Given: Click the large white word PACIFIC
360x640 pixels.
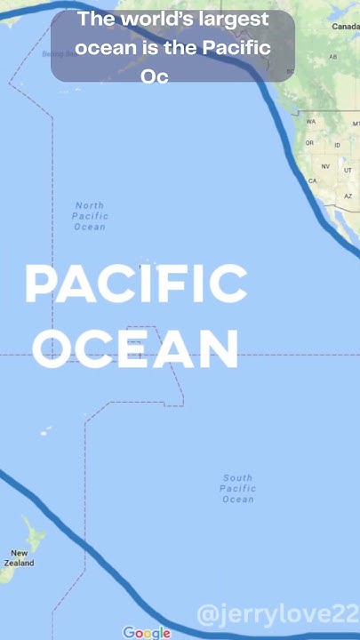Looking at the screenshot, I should point(136,284).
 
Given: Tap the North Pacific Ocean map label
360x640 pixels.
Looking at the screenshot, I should point(90,216).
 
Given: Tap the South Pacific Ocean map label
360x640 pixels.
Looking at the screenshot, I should point(238,488).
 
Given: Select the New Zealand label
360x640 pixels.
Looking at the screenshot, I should point(19,557).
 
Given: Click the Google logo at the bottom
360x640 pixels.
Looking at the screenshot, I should point(147,632).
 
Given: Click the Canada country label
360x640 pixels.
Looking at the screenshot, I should point(346,27).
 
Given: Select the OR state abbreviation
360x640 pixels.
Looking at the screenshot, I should point(310,143).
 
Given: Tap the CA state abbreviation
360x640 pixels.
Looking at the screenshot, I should point(313,180).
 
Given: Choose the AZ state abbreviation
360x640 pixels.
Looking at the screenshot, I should point(348,196).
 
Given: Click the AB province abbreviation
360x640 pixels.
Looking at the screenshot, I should point(333,57).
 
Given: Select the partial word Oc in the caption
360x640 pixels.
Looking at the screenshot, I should point(155,76).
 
